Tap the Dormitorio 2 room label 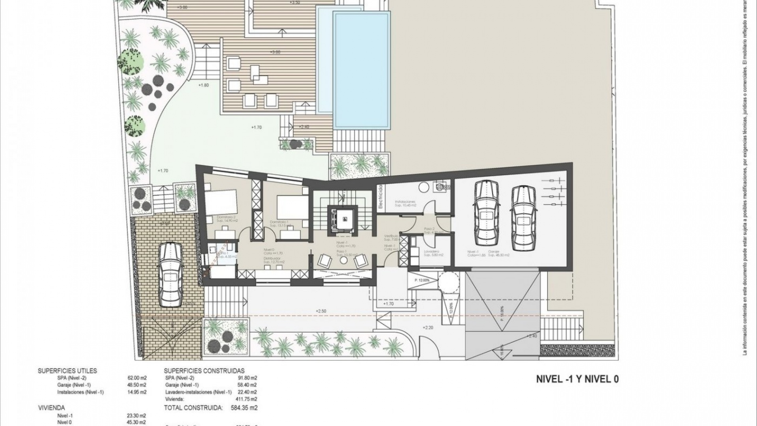(226, 219)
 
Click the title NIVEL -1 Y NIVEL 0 (577, 379)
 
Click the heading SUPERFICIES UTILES (67, 371)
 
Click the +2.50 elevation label (321, 311)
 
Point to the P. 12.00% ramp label (422, 280)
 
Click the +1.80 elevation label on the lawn (203, 85)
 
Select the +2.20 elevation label (428, 327)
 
